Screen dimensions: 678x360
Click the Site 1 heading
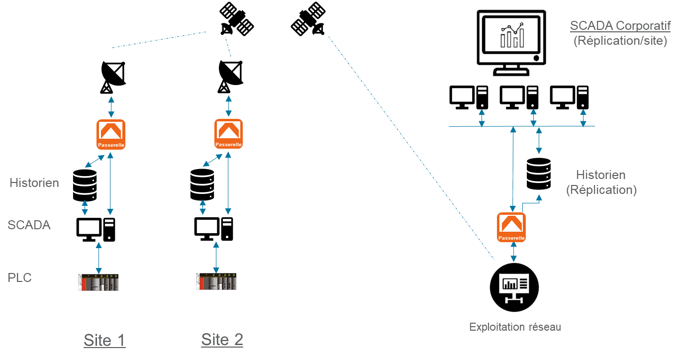(x=104, y=340)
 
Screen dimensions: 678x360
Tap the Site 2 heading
(x=222, y=340)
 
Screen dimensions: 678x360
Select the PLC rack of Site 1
(x=98, y=282)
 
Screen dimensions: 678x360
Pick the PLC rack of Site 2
(x=216, y=281)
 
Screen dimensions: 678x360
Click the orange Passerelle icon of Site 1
(x=111, y=134)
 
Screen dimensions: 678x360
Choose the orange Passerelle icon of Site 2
(x=228, y=134)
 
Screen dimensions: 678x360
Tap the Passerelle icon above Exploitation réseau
(x=511, y=227)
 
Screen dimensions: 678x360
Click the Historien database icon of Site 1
(x=85, y=185)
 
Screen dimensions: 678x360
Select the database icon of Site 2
(x=202, y=184)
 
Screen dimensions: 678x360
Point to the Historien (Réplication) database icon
(x=539, y=174)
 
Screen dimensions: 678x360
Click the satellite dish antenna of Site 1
(x=113, y=78)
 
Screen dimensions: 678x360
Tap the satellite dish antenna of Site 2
(x=230, y=77)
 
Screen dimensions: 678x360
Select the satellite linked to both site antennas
(x=237, y=19)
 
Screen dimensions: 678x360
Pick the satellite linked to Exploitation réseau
(x=308, y=19)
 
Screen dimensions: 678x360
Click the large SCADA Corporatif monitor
(x=511, y=42)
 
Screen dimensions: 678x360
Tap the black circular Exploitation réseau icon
(x=514, y=287)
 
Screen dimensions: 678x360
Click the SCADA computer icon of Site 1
(x=96, y=230)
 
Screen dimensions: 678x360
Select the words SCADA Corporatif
(x=620, y=26)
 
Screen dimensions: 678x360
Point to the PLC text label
(x=20, y=278)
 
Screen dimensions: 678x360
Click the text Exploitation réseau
(x=515, y=327)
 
